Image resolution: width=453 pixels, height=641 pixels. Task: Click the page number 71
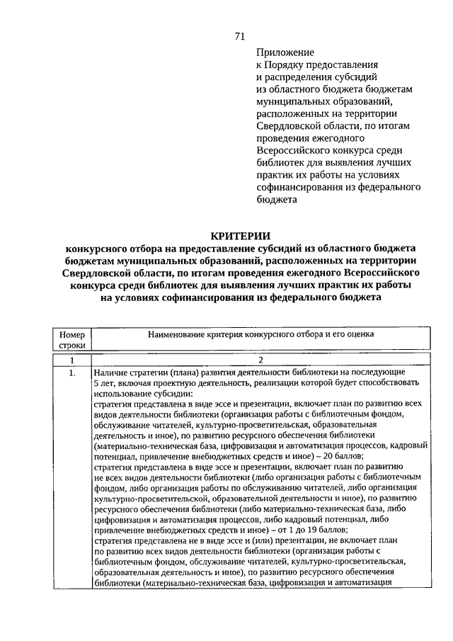[x=239, y=37]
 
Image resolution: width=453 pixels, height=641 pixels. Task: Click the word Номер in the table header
[x=71, y=334]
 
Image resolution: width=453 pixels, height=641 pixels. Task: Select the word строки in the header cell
[x=71, y=345]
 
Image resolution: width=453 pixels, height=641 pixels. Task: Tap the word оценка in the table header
[x=358, y=334]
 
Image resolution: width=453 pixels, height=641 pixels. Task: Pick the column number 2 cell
[x=260, y=360]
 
